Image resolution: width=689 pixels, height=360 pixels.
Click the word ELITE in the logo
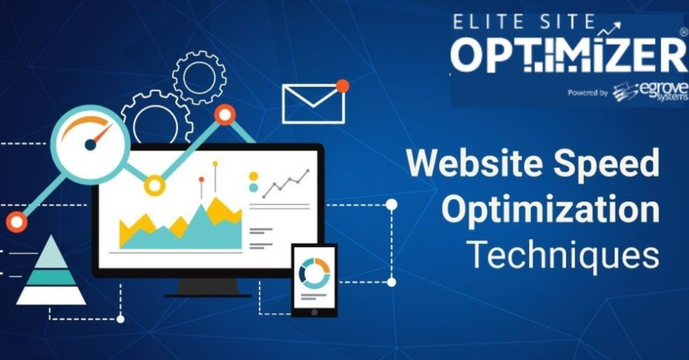pyautogui.click(x=484, y=23)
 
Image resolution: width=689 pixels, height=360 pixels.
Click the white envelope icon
pyautogui.click(x=313, y=104)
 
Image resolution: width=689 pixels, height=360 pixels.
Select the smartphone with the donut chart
pyautogui.click(x=314, y=280)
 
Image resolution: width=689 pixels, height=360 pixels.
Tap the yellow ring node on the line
pyautogui.click(x=154, y=185)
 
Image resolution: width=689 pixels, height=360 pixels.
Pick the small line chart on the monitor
pyautogui.click(x=285, y=184)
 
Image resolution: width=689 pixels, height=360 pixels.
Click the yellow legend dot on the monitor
pyautogui.click(x=253, y=176)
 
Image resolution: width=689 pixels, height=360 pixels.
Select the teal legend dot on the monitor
pyautogui.click(x=253, y=188)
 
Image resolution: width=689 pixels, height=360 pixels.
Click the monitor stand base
pyautogui.click(x=207, y=293)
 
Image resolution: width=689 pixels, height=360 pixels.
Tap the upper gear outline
pyautogui.click(x=199, y=77)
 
